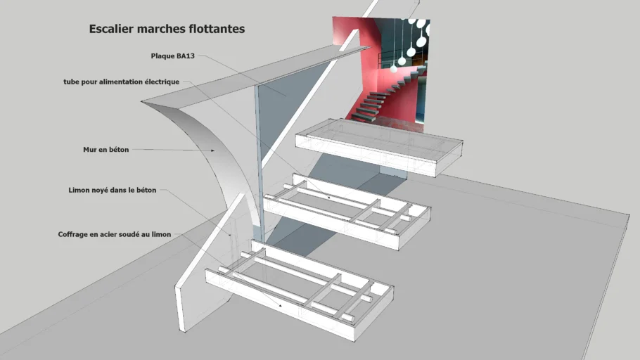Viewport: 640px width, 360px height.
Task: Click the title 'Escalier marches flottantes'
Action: [x=167, y=30]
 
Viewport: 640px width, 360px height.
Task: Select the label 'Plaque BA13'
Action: [x=172, y=56]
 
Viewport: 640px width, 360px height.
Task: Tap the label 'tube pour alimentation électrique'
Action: [x=121, y=82]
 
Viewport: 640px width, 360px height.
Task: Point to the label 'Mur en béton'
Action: [x=105, y=150]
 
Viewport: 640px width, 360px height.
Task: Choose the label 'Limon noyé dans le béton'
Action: [x=113, y=190]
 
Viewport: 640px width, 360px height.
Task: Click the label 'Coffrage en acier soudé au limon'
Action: [x=114, y=234]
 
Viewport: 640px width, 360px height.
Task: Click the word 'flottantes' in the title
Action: [x=217, y=30]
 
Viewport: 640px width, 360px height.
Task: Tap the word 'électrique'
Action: [x=162, y=82]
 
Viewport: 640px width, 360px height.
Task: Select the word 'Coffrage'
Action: [x=74, y=234]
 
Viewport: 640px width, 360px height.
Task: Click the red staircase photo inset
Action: [x=380, y=70]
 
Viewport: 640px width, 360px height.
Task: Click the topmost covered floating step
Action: [x=380, y=144]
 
